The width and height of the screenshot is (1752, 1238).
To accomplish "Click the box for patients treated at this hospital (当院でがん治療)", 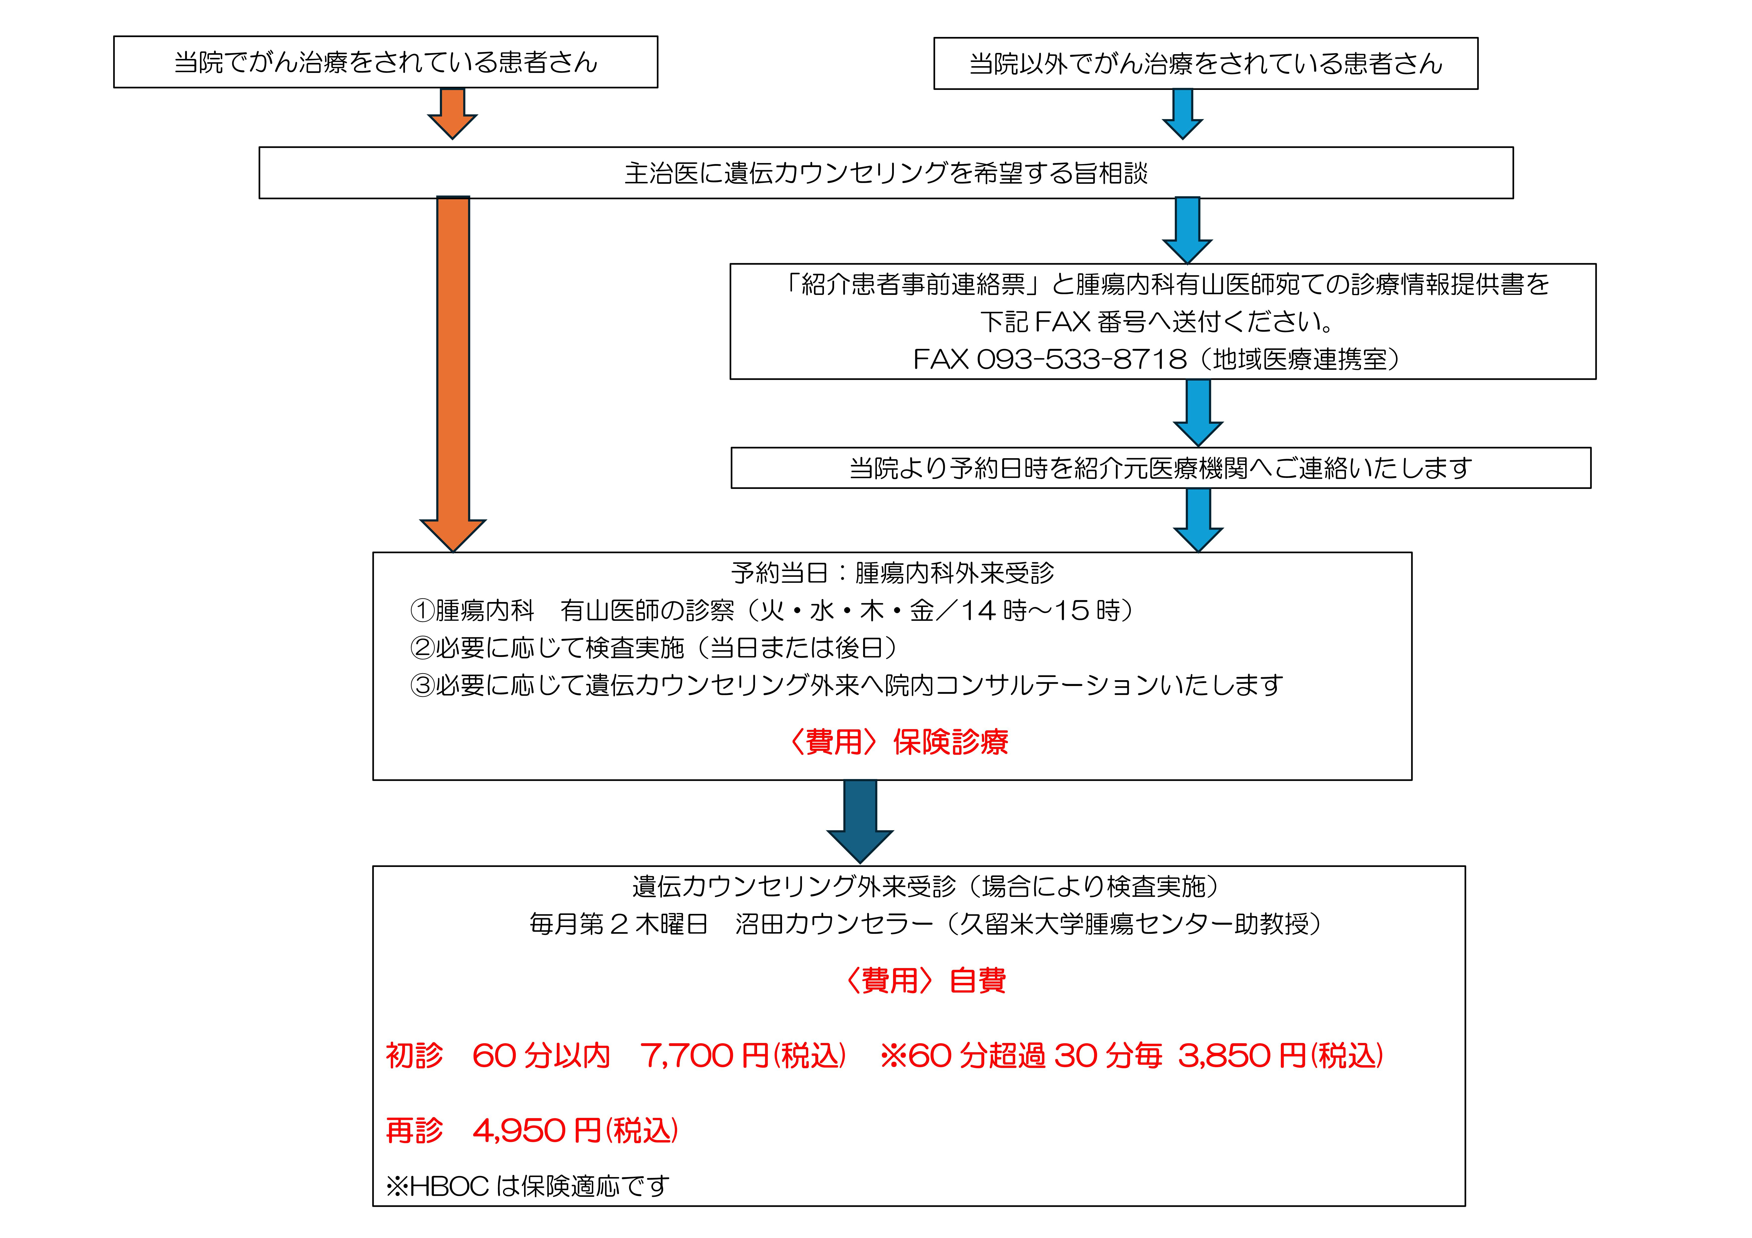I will (x=385, y=62).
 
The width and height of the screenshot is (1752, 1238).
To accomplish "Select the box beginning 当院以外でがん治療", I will (x=1206, y=63).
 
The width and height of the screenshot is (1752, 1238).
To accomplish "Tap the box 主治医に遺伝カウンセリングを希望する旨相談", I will (x=885, y=173).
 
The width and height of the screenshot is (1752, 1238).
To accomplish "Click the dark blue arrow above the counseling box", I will (x=860, y=821).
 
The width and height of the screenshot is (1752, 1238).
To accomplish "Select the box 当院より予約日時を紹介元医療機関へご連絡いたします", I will (x=1160, y=468).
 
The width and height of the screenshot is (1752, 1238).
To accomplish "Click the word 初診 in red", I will (x=414, y=1055).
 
